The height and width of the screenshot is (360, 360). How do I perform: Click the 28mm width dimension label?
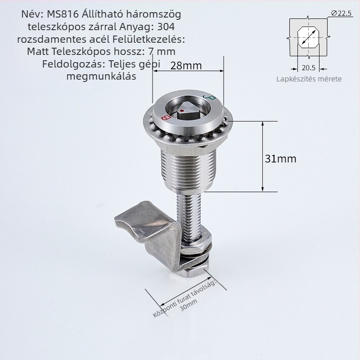(x=186, y=66)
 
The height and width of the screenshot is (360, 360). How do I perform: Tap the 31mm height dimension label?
(x=280, y=159)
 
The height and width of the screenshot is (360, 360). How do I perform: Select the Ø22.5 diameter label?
(x=342, y=13)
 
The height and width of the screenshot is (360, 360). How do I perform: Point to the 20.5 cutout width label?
(x=309, y=68)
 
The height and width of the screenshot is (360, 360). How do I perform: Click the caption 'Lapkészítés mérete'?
(x=309, y=79)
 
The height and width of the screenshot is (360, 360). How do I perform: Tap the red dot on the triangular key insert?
(x=182, y=111)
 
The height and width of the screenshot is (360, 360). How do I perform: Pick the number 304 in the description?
(x=166, y=27)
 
